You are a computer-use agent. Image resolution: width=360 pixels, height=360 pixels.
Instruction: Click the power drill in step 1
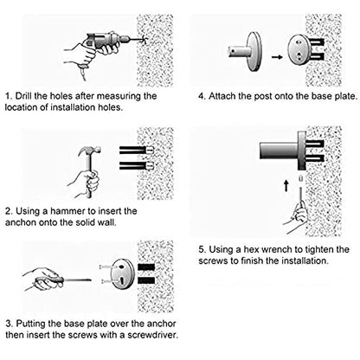click(106, 43)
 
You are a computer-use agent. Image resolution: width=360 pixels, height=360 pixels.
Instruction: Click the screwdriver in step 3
click(63, 280)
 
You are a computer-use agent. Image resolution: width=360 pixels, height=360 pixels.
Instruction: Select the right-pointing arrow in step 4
click(277, 57)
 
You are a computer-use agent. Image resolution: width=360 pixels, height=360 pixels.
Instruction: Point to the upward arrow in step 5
click(286, 186)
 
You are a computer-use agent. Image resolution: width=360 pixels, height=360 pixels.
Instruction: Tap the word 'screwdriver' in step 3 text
click(152, 335)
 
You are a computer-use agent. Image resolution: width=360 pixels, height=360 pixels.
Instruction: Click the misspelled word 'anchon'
click(21, 222)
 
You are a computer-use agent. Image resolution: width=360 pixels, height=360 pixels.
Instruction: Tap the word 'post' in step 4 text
click(262, 96)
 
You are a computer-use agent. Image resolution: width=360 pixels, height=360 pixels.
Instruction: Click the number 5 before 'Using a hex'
click(202, 249)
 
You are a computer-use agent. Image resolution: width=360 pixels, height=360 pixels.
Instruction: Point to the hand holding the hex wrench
click(296, 217)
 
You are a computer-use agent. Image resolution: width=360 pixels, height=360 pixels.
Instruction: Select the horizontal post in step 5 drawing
click(279, 151)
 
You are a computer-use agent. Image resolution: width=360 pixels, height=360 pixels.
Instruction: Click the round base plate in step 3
click(122, 274)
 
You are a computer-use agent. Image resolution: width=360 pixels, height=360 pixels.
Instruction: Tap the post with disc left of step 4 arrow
click(246, 52)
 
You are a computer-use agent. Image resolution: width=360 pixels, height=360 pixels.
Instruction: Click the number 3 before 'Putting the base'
click(9, 324)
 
